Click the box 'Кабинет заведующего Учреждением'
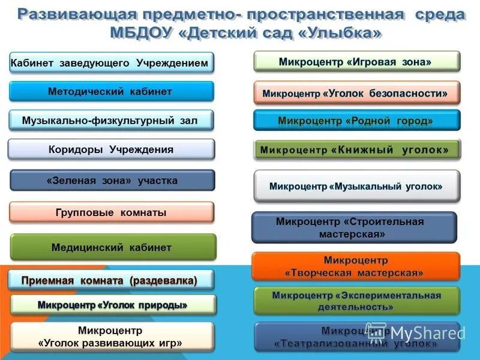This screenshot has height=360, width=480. (112, 63)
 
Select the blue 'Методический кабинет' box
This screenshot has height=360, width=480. (112, 92)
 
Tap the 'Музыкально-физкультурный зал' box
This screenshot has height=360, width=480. (112, 121)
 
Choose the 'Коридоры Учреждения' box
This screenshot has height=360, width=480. (112, 149)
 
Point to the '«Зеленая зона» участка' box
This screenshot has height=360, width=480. (112, 181)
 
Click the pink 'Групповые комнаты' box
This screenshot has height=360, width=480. (112, 212)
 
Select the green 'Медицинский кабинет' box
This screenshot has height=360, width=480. (113, 247)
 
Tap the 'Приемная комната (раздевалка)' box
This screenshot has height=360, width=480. (112, 280)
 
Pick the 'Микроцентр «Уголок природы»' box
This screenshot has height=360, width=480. (113, 305)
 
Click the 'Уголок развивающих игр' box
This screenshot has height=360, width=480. (112, 337)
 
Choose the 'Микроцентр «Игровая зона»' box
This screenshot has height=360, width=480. (356, 61)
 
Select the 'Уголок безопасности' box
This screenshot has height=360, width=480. (356, 94)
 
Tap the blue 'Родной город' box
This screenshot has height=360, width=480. (356, 121)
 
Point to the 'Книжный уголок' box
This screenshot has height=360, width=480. (356, 149)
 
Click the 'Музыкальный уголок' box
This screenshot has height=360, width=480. (356, 186)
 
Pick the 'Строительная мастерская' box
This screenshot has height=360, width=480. (353, 227)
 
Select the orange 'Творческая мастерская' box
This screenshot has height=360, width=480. (356, 266)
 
